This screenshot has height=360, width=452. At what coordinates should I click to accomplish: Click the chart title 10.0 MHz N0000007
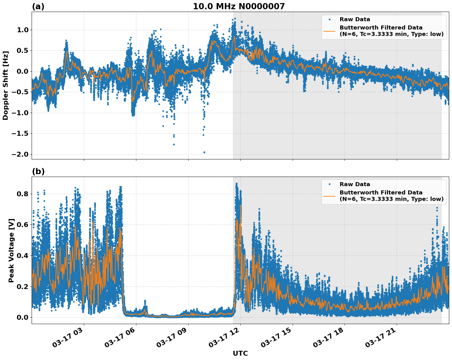(x=239, y=6)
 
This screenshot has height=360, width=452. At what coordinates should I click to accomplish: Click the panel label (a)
(x=38, y=6)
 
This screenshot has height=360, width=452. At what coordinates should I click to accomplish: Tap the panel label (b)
(x=38, y=171)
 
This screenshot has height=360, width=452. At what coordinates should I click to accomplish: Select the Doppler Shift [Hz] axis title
(x=6, y=85)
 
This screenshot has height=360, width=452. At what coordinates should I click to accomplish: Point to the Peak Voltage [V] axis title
(x=11, y=250)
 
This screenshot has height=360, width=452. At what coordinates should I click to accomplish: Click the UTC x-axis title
(x=240, y=353)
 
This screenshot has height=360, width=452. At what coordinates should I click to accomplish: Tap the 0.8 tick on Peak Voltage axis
(x=22, y=194)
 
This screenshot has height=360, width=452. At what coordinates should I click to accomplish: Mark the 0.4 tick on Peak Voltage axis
(x=22, y=256)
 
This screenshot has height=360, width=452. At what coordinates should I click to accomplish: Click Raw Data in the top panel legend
(x=355, y=19)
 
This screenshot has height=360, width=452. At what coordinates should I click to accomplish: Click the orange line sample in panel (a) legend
(x=329, y=31)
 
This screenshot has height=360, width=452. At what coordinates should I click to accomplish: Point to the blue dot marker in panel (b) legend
(x=329, y=184)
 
